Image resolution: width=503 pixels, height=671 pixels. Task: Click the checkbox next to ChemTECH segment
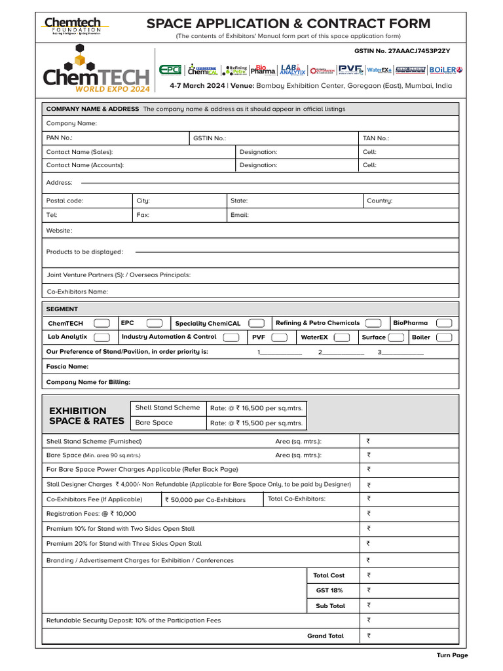pos(102,323)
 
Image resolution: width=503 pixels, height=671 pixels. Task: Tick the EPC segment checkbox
pos(155,323)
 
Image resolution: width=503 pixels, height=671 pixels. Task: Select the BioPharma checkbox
pos(444,323)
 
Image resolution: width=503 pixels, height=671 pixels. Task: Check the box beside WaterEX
pos(341,337)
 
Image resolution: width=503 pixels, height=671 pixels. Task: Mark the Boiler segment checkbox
pos(444,337)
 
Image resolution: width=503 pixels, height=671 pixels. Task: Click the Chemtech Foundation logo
pos(73,26)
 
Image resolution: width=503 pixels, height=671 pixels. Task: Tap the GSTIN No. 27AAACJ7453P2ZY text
pos(401,50)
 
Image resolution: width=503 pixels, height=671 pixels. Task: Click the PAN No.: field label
pos(60,138)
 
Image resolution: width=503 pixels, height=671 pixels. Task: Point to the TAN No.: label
pos(376,138)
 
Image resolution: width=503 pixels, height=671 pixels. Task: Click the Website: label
pos(60,231)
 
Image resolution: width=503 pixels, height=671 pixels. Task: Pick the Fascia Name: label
pos(67,367)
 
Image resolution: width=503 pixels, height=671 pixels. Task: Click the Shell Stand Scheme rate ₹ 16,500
pos(256,408)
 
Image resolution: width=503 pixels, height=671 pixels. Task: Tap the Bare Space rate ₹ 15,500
pos(256,423)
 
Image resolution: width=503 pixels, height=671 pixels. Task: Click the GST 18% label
pos(329,590)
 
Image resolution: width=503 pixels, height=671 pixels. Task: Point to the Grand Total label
pos(326,636)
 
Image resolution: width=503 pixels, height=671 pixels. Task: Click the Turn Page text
pos(453,655)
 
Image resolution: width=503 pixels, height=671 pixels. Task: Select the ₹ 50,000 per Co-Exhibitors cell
pos(206,499)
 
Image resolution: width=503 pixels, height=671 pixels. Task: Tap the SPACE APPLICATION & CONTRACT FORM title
pos(288,24)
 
